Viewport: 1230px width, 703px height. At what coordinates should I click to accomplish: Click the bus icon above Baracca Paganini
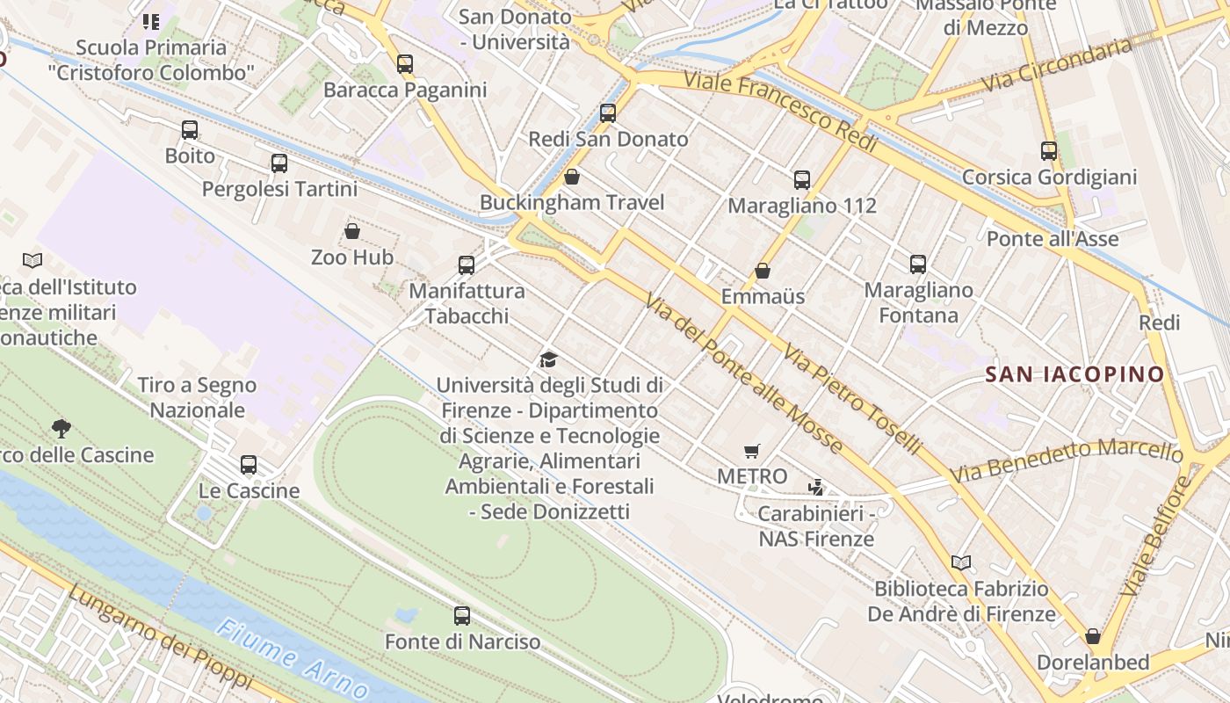pyautogui.click(x=404, y=63)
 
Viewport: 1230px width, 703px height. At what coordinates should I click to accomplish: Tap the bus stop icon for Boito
pyautogui.click(x=190, y=130)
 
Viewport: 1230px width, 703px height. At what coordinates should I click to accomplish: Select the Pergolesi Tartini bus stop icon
pyautogui.click(x=279, y=163)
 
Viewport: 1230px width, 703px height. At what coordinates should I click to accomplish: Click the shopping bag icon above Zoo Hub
pyautogui.click(x=352, y=231)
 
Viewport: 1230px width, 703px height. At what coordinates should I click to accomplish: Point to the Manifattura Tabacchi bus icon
pyautogui.click(x=467, y=265)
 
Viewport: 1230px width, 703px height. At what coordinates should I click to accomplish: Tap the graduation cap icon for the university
pyautogui.click(x=549, y=359)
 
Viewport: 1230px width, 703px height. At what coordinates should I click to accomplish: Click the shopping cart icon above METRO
pyautogui.click(x=751, y=452)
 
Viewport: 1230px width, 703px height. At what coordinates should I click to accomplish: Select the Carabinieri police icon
pyautogui.click(x=816, y=487)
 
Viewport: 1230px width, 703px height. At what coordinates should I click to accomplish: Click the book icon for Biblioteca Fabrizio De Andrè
pyautogui.click(x=961, y=562)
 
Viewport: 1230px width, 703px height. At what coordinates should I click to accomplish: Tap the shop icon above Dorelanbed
pyautogui.click(x=1093, y=635)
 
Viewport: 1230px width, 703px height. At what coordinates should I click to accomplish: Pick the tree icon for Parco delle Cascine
pyautogui.click(x=61, y=429)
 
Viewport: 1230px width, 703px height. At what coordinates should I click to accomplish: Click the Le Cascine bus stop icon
pyautogui.click(x=249, y=464)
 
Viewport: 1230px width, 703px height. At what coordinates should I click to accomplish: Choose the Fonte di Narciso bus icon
pyautogui.click(x=462, y=616)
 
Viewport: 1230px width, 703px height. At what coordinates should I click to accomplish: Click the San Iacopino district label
pyautogui.click(x=1074, y=374)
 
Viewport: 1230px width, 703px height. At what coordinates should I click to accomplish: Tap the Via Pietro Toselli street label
pyautogui.click(x=851, y=400)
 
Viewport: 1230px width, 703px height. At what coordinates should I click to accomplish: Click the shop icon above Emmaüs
pyautogui.click(x=763, y=271)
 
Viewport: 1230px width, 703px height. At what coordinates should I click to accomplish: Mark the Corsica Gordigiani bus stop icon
pyautogui.click(x=1048, y=150)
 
